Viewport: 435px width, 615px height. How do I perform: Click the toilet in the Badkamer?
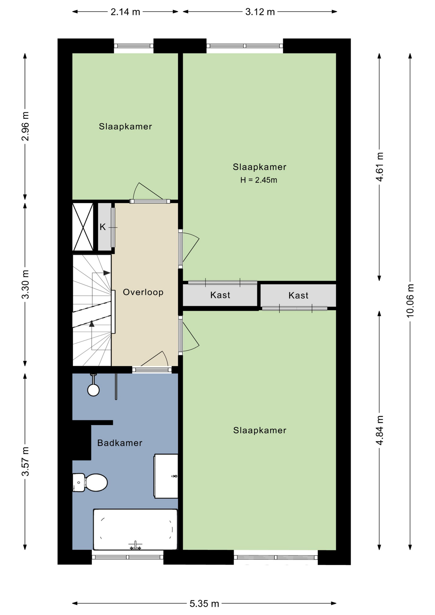[x=90, y=482]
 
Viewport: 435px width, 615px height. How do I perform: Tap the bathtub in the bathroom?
[x=135, y=529]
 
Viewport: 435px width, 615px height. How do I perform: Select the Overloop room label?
[x=143, y=292]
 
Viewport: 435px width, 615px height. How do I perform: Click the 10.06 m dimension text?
[x=410, y=301]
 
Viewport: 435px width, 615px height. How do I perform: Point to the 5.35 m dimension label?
[x=204, y=604]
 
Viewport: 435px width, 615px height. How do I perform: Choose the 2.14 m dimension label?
[x=125, y=12]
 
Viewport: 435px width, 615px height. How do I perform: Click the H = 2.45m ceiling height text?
[x=259, y=180]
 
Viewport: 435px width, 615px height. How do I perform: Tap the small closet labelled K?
[x=104, y=227]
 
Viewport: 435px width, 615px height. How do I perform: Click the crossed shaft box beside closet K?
[x=83, y=227]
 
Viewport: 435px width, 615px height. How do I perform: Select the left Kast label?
[x=220, y=295]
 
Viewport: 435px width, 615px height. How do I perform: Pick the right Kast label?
[x=298, y=295]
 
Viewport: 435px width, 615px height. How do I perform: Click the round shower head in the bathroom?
[x=94, y=390]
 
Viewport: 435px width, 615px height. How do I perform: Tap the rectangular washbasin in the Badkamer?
[x=166, y=476]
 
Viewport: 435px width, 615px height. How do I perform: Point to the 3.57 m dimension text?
[x=25, y=462]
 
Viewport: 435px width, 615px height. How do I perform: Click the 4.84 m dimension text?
[x=380, y=430]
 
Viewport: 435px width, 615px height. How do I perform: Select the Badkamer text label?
[x=120, y=443]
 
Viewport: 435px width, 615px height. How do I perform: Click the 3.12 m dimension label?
[x=260, y=12]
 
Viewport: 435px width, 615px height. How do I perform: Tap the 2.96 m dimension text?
[x=25, y=127]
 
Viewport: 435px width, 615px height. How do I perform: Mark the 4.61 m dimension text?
[x=380, y=167]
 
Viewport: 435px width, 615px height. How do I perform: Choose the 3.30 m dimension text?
[x=25, y=284]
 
